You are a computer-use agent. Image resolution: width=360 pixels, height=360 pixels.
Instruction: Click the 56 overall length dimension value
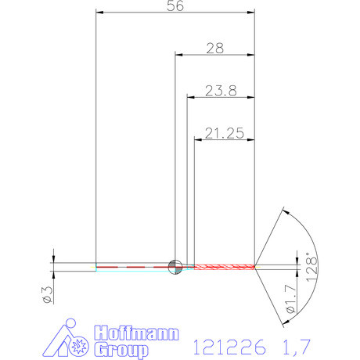click(x=175, y=5)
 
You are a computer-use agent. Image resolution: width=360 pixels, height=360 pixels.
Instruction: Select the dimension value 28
click(x=214, y=48)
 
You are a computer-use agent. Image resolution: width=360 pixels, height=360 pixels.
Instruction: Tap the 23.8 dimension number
click(x=221, y=90)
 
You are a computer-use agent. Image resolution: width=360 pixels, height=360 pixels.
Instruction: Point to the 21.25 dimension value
click(x=224, y=134)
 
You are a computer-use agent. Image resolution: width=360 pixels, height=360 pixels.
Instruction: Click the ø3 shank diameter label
click(x=46, y=294)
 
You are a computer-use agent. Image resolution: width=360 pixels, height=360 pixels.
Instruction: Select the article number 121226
click(x=230, y=345)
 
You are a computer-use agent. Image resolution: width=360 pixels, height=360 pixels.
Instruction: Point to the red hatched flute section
click(x=224, y=267)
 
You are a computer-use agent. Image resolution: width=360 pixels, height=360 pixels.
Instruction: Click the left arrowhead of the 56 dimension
click(x=99, y=13)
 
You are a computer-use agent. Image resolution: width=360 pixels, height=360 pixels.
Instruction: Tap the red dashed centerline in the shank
click(x=133, y=267)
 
